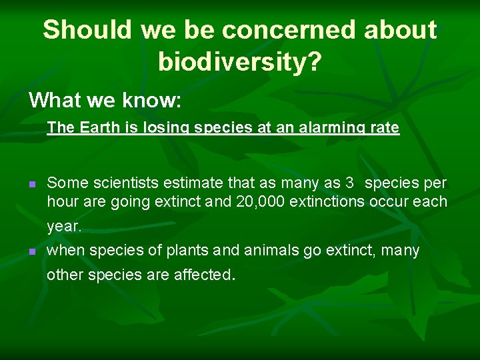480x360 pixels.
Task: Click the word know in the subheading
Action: point(150,100)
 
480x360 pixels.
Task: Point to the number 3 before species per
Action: point(349,183)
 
